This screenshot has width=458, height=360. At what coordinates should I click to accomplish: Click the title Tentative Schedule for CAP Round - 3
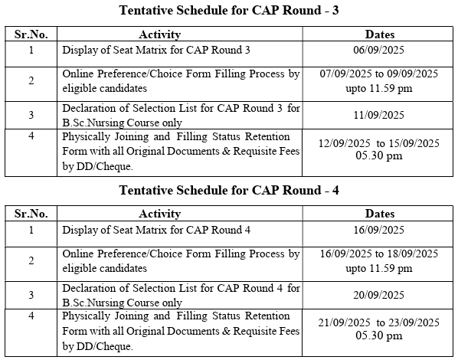click(x=229, y=11)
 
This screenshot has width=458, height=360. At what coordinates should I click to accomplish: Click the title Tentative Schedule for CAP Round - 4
click(x=229, y=191)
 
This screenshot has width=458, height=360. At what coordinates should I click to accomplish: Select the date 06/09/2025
click(x=380, y=51)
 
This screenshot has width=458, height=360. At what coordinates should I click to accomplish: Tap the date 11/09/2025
click(x=380, y=115)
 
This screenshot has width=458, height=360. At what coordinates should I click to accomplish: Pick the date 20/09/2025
click(x=380, y=295)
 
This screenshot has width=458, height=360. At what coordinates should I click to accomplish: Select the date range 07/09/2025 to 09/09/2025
click(x=380, y=74)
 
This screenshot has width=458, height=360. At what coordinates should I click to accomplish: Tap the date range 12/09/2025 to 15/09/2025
click(x=380, y=142)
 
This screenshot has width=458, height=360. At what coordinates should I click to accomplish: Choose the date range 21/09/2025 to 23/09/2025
click(x=380, y=322)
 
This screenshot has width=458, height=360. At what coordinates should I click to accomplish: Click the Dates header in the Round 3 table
click(x=380, y=34)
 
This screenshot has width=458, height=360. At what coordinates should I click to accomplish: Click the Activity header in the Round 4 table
click(x=159, y=214)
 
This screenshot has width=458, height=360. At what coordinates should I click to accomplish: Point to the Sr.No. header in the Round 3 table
click(x=31, y=34)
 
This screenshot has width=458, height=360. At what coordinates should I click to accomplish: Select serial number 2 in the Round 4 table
click(x=31, y=261)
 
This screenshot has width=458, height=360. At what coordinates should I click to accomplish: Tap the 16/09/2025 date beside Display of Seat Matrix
click(x=380, y=230)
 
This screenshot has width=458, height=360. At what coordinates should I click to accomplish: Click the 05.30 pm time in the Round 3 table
click(x=380, y=155)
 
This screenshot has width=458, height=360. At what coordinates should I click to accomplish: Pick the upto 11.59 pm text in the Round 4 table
click(x=380, y=268)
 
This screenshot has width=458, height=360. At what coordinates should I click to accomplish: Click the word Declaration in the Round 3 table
click(x=88, y=109)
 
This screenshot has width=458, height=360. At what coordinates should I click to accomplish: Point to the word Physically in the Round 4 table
click(x=85, y=316)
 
